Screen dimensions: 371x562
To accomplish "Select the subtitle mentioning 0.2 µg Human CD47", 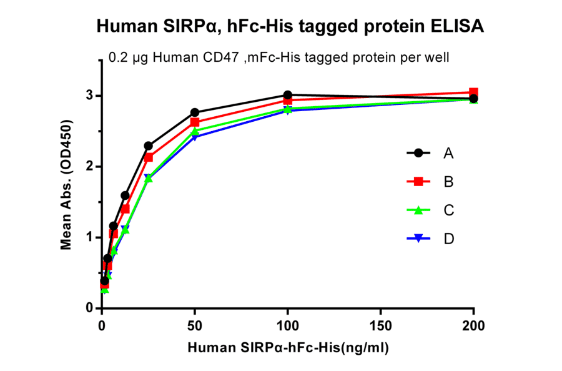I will pos(279,57).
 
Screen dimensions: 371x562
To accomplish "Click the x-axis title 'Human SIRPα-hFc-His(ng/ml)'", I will pos(288,347).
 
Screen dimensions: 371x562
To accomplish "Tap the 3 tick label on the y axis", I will pos(90,96).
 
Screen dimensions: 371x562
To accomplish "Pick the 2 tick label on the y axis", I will pos(90,167).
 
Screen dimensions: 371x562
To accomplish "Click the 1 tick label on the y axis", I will pos(90,237).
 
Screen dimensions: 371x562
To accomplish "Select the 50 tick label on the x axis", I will pos(195,325).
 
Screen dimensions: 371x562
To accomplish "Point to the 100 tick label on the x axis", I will pos(288,325).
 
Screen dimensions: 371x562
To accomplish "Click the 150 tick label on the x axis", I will pos(381,325).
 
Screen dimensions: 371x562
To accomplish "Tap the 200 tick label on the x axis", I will pos(473,325).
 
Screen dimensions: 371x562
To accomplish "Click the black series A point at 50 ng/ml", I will pos(195,112).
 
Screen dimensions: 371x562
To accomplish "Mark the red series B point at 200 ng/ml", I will pos(473,92).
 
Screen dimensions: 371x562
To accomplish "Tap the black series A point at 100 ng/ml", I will pos(288,95).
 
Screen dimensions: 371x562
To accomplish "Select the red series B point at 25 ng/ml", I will pos(149,157).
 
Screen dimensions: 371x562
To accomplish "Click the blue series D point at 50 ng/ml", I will pos(195,136).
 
